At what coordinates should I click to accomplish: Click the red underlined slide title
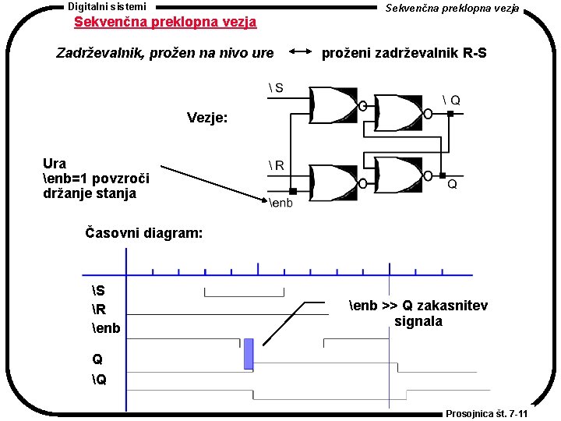point(165,22)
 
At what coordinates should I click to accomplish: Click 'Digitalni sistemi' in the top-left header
point(107,6)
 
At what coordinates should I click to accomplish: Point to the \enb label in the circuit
point(281,203)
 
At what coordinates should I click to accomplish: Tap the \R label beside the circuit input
point(275,165)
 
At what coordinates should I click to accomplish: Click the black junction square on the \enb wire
point(293,191)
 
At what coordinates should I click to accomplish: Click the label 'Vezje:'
point(207,119)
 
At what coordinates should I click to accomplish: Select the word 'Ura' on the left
point(55,164)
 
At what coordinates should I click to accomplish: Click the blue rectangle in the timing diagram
point(249,353)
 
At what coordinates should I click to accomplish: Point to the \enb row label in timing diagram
point(106,327)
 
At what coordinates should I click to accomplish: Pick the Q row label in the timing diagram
point(97,360)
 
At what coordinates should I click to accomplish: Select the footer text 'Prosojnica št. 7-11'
point(487,414)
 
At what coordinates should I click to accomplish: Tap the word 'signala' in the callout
point(418,321)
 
